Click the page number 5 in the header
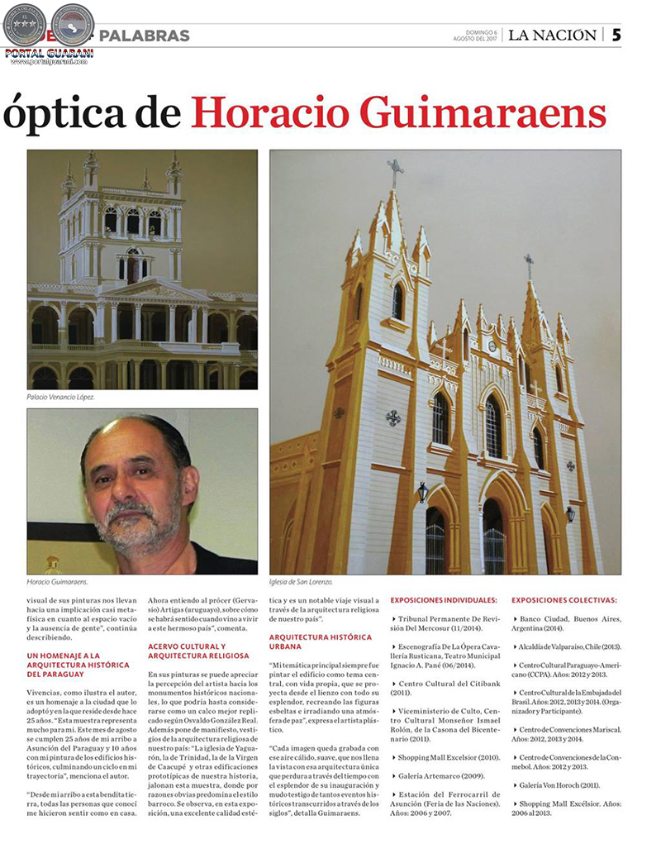[x=616, y=35]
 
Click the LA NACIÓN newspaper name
[x=551, y=36]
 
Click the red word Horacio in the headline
[x=278, y=113]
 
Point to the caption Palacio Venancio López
[x=61, y=397]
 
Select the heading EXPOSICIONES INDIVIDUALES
[x=444, y=599]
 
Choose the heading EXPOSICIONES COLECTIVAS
[x=564, y=599]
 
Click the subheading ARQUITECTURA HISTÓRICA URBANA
[x=321, y=641]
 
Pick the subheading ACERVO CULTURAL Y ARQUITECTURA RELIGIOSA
[x=198, y=651]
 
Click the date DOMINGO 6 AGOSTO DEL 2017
[x=476, y=36]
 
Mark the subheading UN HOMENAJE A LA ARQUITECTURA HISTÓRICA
[x=78, y=664]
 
